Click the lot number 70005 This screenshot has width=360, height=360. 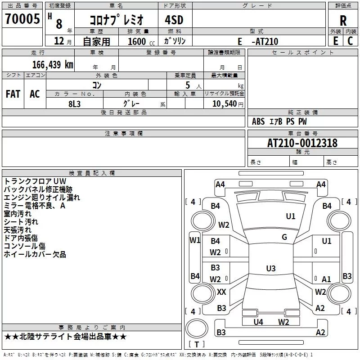pos(22,19)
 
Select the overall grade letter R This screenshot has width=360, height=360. pos(343,21)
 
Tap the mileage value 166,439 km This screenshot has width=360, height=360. pos(53,64)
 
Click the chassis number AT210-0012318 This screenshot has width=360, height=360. pos(302,143)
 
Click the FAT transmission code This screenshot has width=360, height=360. pos(13,94)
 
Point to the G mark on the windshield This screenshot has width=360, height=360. pos(284,237)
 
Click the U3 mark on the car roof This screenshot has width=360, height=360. pos(270,269)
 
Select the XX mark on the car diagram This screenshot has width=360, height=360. pos(221,292)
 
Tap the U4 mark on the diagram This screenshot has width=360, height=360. pos(258,322)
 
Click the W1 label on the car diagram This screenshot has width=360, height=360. pos(195,240)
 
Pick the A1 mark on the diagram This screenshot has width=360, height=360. pos(326,279)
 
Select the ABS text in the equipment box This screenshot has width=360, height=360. pos(258,121)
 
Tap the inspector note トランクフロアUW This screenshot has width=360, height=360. pos(35,181)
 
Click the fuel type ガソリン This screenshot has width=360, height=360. pos(175,41)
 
